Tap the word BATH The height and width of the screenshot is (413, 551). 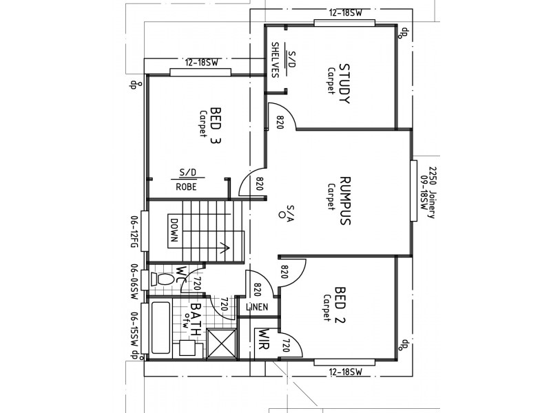196,317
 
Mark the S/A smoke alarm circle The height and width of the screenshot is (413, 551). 282,215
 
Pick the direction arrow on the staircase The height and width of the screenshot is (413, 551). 222,246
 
